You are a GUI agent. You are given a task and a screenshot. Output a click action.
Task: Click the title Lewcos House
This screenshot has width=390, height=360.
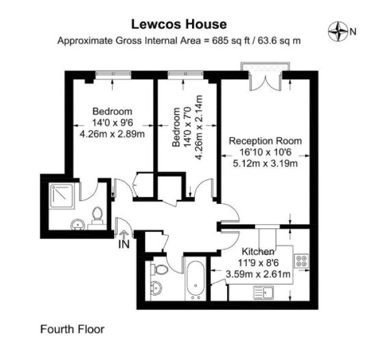pyautogui.click(x=179, y=24)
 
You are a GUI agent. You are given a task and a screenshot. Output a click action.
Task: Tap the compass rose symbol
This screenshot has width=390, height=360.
pyautogui.click(x=338, y=31)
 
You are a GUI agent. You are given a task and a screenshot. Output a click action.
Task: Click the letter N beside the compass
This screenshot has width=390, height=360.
pyautogui.click(x=353, y=32)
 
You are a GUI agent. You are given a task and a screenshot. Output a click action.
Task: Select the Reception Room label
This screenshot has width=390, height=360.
pyautogui.click(x=265, y=141)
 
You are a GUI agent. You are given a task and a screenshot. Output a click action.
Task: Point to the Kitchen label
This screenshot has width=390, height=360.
pyautogui.click(x=258, y=252)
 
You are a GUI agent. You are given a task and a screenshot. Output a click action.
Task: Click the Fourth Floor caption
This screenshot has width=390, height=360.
pyautogui.click(x=72, y=329)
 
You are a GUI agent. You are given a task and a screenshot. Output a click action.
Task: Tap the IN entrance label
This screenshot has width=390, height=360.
pyautogui.click(x=124, y=245)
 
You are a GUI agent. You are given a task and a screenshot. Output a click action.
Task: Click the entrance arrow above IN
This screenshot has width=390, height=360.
pyautogui.click(x=124, y=235)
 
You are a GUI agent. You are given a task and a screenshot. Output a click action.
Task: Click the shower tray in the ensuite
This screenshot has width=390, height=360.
pyautogui.click(x=62, y=195)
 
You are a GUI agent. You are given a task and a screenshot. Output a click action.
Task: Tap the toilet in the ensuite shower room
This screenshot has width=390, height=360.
pyautogui.click(x=97, y=216)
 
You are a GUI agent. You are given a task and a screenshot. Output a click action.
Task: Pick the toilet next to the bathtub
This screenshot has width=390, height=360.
pyautogui.click(x=159, y=269)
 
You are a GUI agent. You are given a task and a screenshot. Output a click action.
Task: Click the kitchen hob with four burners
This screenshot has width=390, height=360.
pyautogui.click(x=302, y=261)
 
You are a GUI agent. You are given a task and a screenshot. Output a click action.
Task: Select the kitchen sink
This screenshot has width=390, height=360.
pyautogui.click(x=264, y=292)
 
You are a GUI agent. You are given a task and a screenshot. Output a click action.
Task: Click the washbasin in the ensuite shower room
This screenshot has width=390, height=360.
pyautogui.click(x=78, y=225)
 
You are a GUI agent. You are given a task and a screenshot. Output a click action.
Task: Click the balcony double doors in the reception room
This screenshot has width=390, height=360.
pyautogui.click(x=265, y=81)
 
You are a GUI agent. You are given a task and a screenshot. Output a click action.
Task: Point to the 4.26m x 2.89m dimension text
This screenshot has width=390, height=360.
pyautogui.click(x=112, y=135)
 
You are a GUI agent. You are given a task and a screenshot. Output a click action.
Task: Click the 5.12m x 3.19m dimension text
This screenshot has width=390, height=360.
pyautogui.click(x=265, y=164)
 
